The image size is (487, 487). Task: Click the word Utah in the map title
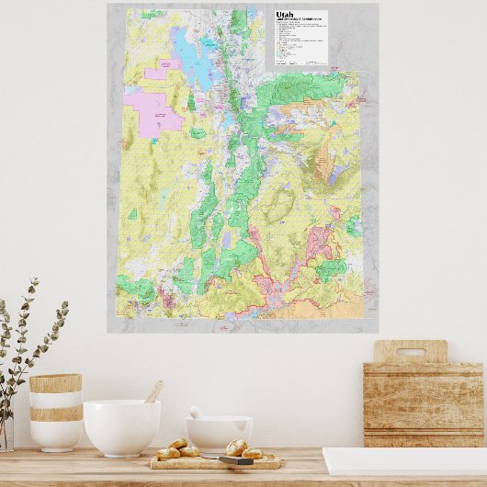pyautogui.click(x=285, y=16)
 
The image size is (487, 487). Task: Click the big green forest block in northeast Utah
pyautogui.click(x=303, y=90)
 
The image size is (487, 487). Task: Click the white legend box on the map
pyautogui.click(x=301, y=39)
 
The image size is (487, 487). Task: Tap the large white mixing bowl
pyautogui.click(x=121, y=426)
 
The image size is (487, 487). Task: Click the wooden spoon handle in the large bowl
pyautogui.click(x=153, y=392)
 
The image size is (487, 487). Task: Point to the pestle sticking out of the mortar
pyautogui.click(x=196, y=413)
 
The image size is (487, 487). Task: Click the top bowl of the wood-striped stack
pyautogui.click(x=55, y=391)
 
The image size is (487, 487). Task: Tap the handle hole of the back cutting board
pyautogui.click(x=410, y=351)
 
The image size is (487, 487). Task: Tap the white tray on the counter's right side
pyautogui.click(x=404, y=461)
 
